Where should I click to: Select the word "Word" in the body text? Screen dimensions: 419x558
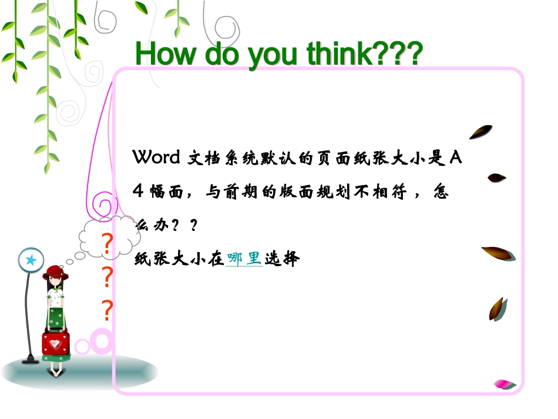[157, 157]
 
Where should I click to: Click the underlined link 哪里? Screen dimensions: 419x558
[244, 259]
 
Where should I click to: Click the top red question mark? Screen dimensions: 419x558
[106, 244]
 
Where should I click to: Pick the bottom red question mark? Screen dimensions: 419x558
[107, 310]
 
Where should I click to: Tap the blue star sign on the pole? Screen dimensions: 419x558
[31, 260]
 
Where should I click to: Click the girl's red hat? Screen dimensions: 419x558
[55, 271]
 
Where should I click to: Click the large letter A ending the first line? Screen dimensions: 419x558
[456, 157]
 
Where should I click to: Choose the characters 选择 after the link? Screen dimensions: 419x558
[282, 259]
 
